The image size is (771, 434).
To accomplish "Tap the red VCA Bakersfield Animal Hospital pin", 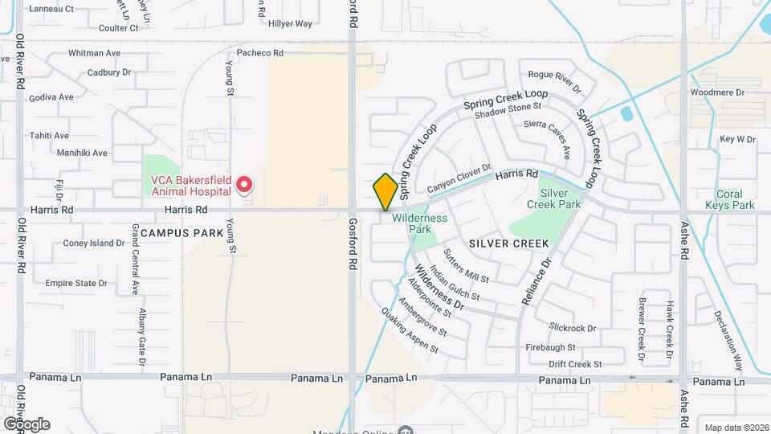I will pos(244,186).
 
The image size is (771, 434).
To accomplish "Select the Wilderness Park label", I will pos(420,223).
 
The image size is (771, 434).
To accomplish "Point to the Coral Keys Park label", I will pos(736,199).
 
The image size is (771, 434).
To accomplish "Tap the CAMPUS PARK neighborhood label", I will pos(176,232).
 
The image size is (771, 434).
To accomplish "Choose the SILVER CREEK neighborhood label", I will pos(508,243).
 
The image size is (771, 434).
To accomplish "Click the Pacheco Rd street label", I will pos(261,53).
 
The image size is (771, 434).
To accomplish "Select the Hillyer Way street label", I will pos(291,24).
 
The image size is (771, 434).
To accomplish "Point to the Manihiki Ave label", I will pos(82,153).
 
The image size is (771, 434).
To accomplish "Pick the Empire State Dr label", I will pos(76,283).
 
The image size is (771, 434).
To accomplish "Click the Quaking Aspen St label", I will pos(410,332).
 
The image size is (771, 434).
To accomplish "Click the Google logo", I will pos(26,424).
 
